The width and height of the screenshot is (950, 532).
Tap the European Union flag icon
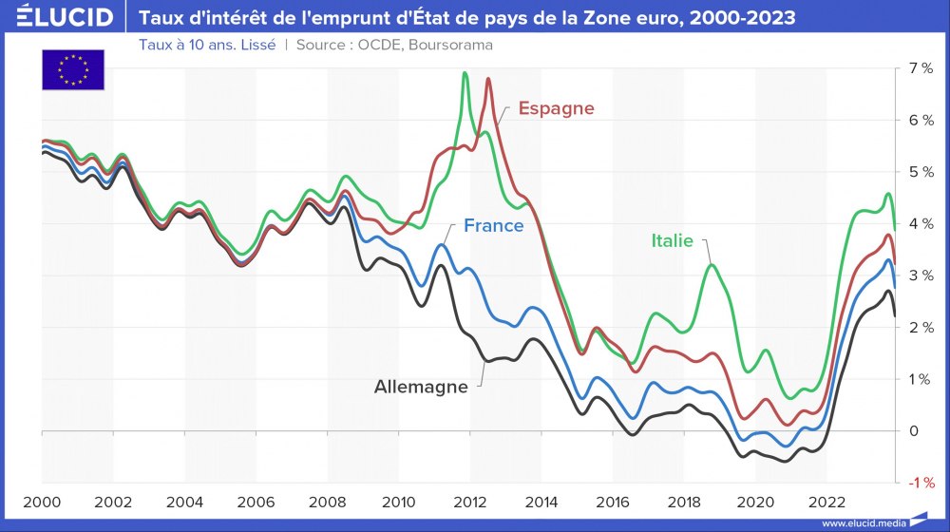tap(72, 69)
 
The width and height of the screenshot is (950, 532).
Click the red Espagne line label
tap(556, 108)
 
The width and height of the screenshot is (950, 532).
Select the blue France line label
tap(493, 226)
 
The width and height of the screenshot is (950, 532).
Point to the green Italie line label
tap(672, 240)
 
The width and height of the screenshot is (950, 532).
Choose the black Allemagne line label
tap(421, 387)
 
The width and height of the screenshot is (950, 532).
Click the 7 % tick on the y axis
tap(920, 68)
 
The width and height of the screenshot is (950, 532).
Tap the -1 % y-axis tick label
tap(920, 483)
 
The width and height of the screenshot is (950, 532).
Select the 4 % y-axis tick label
tap(920, 223)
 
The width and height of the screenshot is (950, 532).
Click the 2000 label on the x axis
tap(42, 502)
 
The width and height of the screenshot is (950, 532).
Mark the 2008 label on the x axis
tap(328, 502)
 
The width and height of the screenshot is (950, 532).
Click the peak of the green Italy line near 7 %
tap(465, 73)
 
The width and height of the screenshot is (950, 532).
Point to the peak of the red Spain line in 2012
tap(488, 79)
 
